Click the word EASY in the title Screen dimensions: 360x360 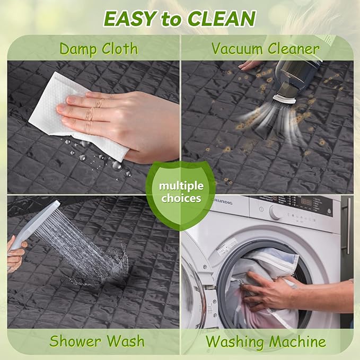130,19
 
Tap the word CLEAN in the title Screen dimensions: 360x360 222,19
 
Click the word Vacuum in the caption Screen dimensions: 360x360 237,49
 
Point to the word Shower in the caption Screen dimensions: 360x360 75,341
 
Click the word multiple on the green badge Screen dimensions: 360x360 181,186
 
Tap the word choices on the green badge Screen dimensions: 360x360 181,198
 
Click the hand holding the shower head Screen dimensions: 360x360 16,255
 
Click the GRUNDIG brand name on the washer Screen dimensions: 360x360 223,202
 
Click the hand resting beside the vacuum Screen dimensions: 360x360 249,65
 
